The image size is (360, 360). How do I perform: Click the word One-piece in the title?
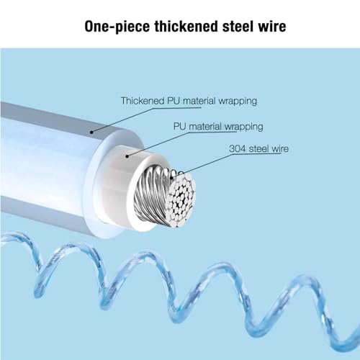117,27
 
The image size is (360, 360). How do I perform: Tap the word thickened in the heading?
186,26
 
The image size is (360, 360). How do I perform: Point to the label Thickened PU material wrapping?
189,101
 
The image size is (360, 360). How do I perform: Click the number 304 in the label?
238,149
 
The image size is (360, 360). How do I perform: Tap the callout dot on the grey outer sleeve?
91,132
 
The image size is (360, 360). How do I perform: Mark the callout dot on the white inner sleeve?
127,156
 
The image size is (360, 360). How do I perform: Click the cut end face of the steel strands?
181,198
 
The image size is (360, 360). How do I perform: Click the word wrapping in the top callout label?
238,102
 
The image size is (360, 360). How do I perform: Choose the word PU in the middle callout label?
179,127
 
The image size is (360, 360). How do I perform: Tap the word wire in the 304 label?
280,149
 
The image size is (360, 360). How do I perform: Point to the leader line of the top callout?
146,120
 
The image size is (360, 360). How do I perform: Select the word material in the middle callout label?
205,127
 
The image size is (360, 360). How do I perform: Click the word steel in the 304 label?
258,149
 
